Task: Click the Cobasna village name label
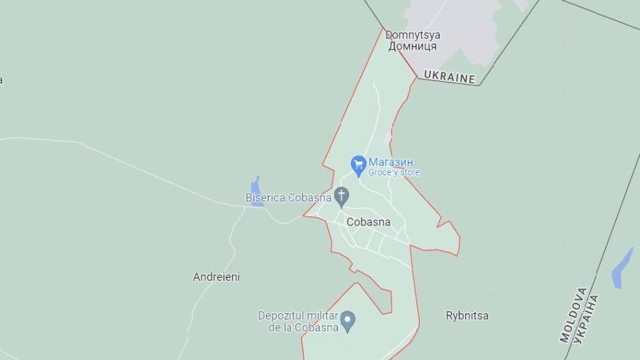[x=368, y=222]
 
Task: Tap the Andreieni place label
[x=216, y=277]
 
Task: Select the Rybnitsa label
[x=467, y=315]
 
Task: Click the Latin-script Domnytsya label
[x=413, y=35]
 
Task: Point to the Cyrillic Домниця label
[x=412, y=46]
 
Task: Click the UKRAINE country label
[x=449, y=76]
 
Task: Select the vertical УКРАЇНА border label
[x=587, y=319]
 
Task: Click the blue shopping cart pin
[x=358, y=164]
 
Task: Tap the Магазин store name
[x=391, y=162]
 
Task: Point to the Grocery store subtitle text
[x=394, y=173]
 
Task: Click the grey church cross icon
[x=341, y=195]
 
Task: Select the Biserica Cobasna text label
[x=288, y=197]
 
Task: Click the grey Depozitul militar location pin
[x=348, y=321]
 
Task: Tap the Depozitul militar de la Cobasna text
[x=298, y=321]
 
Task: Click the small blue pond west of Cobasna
[x=257, y=192]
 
